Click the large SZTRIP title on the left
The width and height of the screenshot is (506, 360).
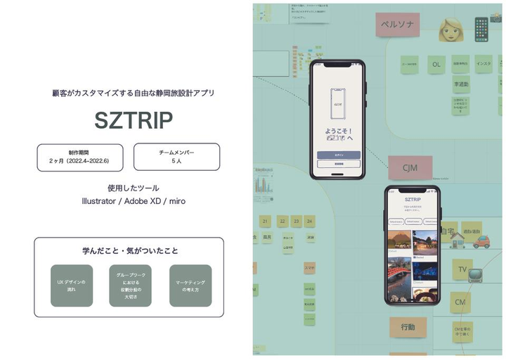pos(134,121)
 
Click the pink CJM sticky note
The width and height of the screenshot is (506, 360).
pos(410,168)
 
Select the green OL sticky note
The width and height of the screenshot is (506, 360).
pos(436,65)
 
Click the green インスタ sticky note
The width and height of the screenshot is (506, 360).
pos(484,65)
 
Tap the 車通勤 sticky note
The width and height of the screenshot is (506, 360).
pos(461,84)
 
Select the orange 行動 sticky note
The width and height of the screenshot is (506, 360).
pos(408,327)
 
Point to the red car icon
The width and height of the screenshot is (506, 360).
pos(481,242)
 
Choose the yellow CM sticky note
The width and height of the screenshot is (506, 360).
pos(460,302)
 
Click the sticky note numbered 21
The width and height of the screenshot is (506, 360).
pos(266,221)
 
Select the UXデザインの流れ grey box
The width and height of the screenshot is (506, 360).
pos(72,285)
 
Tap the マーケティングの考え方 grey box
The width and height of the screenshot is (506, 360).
pos(190,285)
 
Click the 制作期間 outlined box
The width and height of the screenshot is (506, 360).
pos(80,157)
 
